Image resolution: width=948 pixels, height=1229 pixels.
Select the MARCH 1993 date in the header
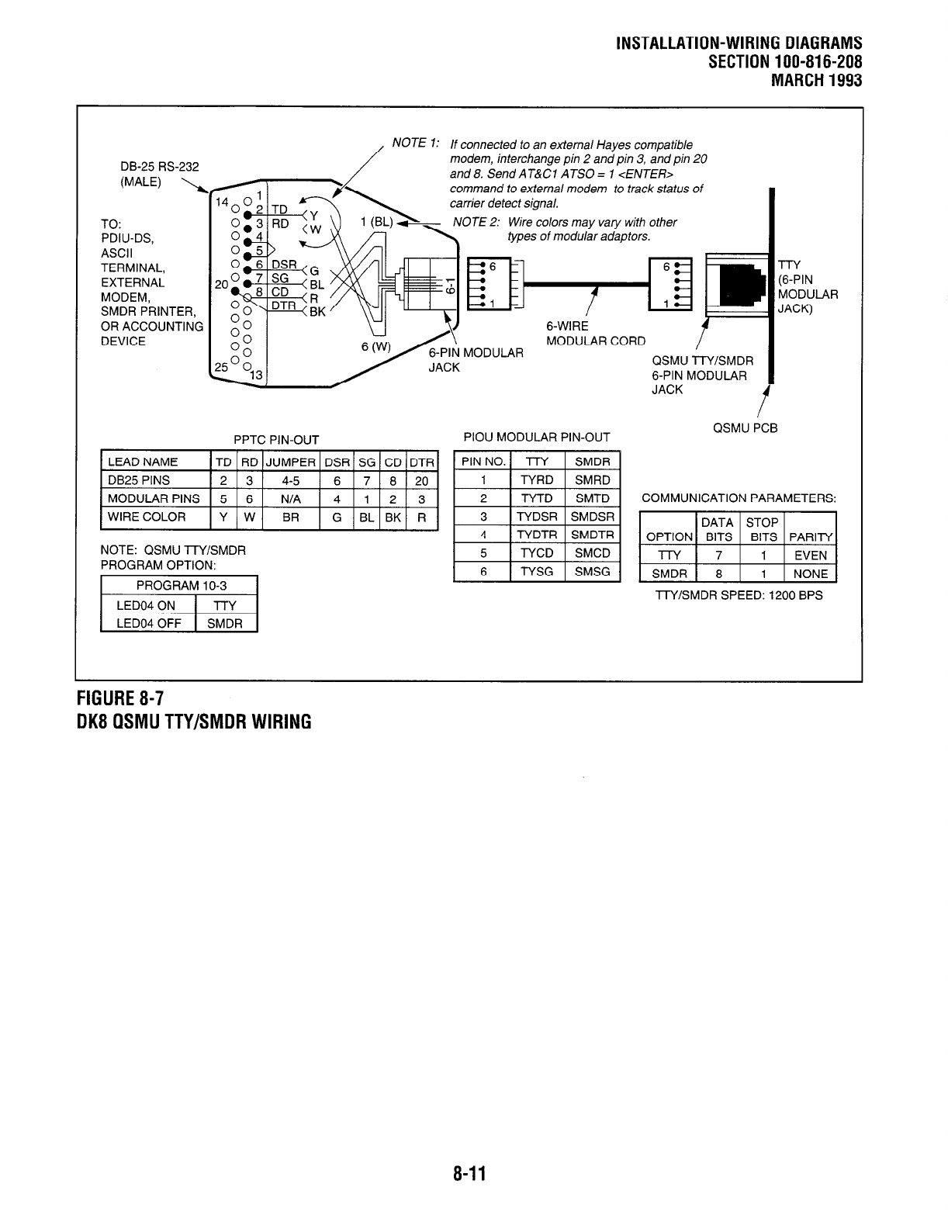[815, 80]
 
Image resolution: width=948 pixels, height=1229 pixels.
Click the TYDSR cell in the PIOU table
[537, 517]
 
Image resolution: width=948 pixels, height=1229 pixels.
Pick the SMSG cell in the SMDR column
[592, 572]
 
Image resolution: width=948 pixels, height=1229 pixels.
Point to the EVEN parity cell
[811, 556]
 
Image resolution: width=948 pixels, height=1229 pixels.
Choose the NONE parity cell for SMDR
[811, 574]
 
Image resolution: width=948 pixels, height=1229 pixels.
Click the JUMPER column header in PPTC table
[290, 462]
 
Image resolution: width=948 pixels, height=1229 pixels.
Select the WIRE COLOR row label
[147, 517]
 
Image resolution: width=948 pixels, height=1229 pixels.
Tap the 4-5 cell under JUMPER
[290, 480]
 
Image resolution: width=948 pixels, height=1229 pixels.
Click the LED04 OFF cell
[148, 623]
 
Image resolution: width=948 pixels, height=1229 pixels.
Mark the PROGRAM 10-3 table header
[178, 586]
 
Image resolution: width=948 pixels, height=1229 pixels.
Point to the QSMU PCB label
[745, 428]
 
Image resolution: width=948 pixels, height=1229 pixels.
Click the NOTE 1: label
[416, 143]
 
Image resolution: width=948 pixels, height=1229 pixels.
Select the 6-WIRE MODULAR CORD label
[594, 334]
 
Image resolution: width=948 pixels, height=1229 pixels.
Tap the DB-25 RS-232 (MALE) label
[159, 174]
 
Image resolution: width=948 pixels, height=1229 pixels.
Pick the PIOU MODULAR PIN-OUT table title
[536, 438]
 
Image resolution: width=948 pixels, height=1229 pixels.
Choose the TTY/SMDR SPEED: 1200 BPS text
[739, 595]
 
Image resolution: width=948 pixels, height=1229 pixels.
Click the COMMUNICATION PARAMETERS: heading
[739, 498]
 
